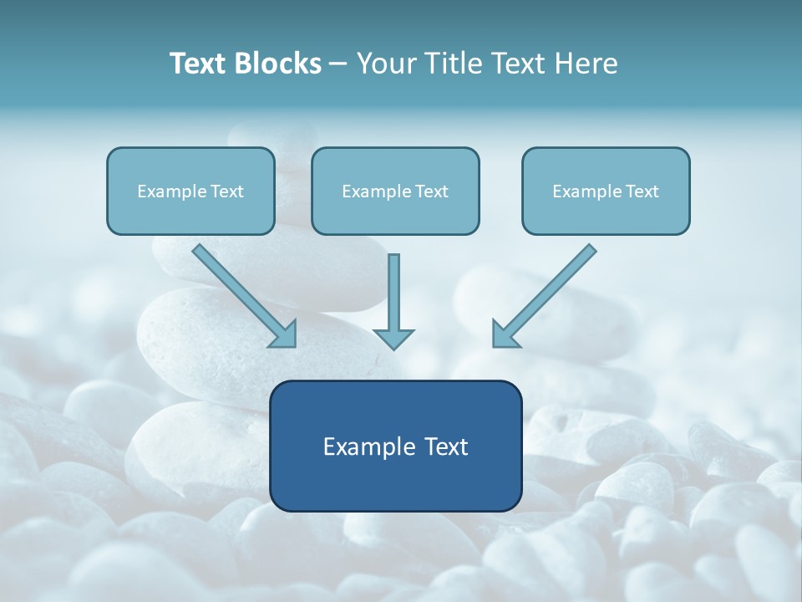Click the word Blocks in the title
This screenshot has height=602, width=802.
[278, 64]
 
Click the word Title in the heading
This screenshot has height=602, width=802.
[452, 64]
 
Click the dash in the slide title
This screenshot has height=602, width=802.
[338, 64]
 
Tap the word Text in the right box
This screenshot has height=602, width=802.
[642, 191]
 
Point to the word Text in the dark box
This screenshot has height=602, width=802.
[445, 446]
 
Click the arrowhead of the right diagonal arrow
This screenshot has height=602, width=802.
[503, 335]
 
